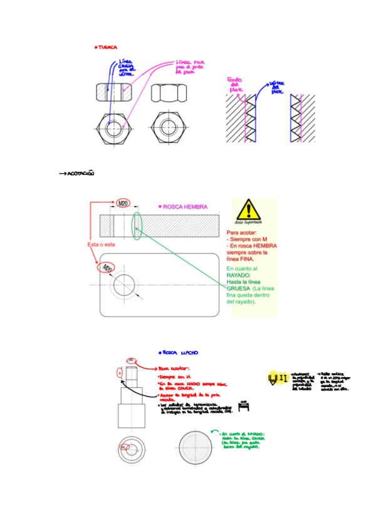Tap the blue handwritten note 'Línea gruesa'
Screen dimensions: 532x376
tap(126, 68)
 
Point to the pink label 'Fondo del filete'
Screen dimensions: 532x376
tap(236, 86)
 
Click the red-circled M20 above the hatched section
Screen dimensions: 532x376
tap(123, 203)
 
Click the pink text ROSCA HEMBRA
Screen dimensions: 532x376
tap(184, 206)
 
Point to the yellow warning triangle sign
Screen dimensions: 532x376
tap(249, 210)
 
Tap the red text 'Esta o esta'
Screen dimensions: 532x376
tap(101, 245)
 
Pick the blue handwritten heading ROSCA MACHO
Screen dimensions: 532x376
tap(179, 353)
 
